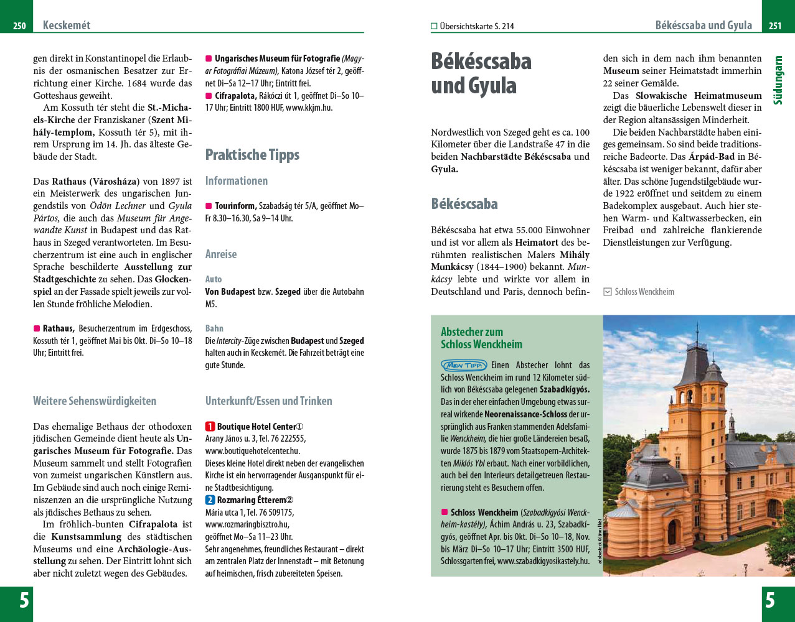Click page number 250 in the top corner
coord(19,26)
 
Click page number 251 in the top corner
coord(775,26)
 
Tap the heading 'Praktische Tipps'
coord(252,155)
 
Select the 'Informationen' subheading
coord(237,181)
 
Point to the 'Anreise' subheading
coord(221,254)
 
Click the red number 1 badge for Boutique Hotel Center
coord(210,427)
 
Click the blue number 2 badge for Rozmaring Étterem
coord(210,500)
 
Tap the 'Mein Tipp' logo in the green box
coord(464,365)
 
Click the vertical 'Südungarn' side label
coord(778,81)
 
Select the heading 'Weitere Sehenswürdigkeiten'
coord(95,401)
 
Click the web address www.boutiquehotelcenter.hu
coord(253,451)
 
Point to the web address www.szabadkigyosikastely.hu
coord(543,561)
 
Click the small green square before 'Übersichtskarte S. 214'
coord(434,26)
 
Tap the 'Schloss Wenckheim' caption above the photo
coord(644,292)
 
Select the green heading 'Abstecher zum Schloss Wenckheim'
coord(481,338)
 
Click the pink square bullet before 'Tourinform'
coord(209,206)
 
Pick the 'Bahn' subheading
coord(214,328)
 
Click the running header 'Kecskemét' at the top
coord(67,26)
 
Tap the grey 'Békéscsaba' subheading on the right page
coord(464,204)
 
